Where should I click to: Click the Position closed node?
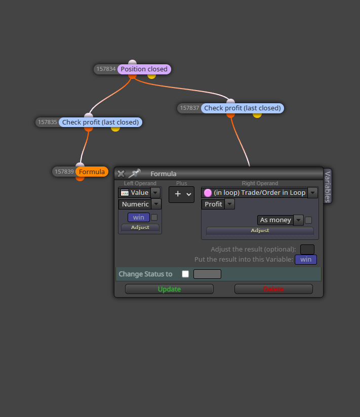tap(144, 69)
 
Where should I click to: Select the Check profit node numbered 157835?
tap(100, 122)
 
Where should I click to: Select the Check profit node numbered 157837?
tap(243, 108)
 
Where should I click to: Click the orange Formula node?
tap(92, 172)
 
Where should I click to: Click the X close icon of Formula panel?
tap(121, 174)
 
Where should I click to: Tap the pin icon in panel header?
tap(134, 174)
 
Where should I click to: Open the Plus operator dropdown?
tap(181, 194)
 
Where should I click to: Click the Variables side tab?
tap(328, 186)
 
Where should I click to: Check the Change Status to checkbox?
tap(185, 274)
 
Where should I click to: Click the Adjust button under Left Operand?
tap(140, 228)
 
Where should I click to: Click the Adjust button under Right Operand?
tap(260, 231)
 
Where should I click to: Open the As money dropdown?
tap(280, 220)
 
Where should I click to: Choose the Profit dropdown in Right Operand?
tap(218, 204)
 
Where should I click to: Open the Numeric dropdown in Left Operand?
tap(140, 204)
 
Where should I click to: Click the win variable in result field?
tap(306, 259)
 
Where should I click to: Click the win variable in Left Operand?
tap(139, 217)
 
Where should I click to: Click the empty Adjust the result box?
tap(307, 249)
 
